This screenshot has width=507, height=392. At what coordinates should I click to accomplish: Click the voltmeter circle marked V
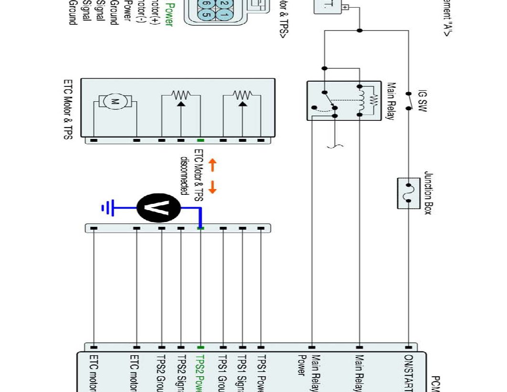pyautogui.click(x=159, y=208)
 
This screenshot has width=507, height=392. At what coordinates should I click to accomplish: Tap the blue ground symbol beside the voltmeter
pyautogui.click(x=107, y=208)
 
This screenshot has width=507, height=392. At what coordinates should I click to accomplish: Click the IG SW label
pyautogui.click(x=422, y=100)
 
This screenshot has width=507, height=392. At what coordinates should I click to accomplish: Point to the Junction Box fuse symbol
pyautogui.click(x=408, y=193)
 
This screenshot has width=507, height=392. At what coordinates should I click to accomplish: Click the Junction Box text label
pyautogui.click(x=428, y=193)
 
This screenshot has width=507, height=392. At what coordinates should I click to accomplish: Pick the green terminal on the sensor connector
pyautogui.click(x=201, y=140)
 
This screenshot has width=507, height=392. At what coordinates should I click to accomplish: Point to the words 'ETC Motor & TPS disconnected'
pyautogui.click(x=191, y=172)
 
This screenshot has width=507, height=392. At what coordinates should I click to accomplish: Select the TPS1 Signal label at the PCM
pyautogui.click(x=242, y=373)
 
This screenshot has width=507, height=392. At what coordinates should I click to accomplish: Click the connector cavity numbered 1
pyautogui.click(x=224, y=14)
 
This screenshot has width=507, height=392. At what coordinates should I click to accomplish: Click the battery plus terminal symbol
pyautogui.click(x=345, y=7)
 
